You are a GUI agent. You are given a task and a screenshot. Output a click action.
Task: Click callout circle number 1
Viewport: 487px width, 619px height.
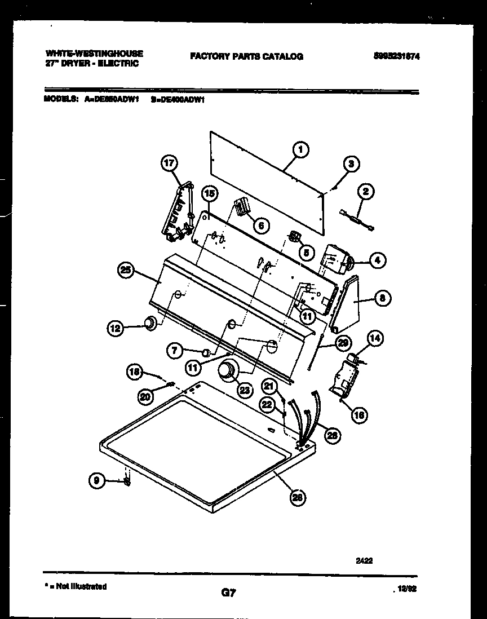(301, 149)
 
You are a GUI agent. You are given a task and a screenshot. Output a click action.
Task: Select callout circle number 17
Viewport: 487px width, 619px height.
(169, 164)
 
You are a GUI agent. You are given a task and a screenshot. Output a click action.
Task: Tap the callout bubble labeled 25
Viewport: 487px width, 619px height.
(126, 271)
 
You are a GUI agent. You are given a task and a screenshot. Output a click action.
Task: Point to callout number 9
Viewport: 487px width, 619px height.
(97, 481)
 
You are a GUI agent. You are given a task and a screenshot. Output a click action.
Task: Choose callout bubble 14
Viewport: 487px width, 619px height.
(375, 339)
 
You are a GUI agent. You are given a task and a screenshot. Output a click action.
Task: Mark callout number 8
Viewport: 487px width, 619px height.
(382, 299)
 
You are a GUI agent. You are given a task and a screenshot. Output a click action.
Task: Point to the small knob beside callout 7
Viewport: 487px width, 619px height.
(206, 353)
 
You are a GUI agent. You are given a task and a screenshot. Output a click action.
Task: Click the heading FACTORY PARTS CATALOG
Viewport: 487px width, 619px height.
(246, 56)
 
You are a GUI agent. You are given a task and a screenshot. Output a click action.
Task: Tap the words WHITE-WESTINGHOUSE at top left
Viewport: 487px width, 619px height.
(94, 54)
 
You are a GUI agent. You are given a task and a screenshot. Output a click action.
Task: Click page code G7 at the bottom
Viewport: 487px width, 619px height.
(228, 593)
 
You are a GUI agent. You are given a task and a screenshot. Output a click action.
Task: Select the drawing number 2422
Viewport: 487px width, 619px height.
(364, 561)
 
